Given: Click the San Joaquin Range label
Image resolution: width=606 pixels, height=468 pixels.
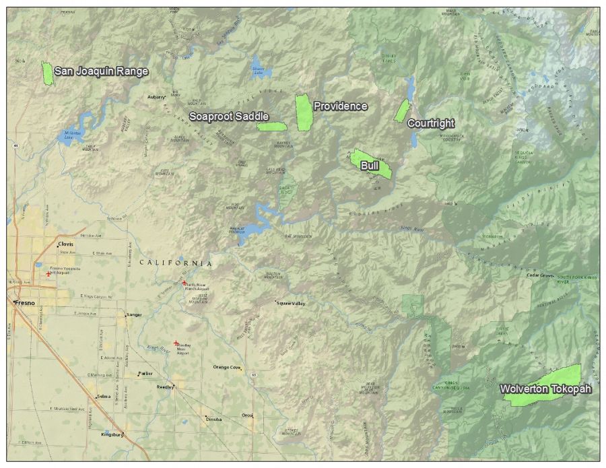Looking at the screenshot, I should pos(101,71).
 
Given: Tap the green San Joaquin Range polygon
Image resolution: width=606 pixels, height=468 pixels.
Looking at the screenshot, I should pos(47,73).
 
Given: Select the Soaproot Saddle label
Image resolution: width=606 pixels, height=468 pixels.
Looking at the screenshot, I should pos(229,116).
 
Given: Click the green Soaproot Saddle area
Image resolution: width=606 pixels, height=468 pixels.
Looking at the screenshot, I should pos(272,126).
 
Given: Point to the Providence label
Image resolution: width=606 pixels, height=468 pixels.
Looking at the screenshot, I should pos(341,106).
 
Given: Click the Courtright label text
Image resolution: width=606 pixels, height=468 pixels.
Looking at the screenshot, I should pos(431,123).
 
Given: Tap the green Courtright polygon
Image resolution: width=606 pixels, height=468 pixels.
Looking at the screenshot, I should pos(402,111).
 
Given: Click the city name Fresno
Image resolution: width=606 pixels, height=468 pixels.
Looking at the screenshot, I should pos(25,304).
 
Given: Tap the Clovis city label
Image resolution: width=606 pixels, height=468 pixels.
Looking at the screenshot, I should pos(65,244).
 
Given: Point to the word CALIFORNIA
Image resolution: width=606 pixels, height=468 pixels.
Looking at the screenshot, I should pos(176,263).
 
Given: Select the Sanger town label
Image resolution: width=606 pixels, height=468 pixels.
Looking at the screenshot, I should pos(134,314).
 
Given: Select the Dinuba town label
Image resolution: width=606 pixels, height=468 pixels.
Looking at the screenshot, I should pos(213,419).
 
